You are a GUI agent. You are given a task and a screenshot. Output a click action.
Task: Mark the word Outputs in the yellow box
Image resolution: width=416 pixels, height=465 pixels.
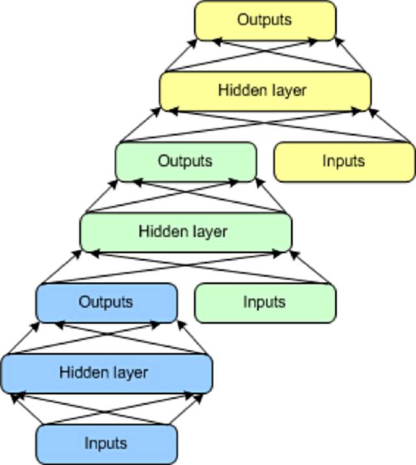pyautogui.click(x=265, y=20)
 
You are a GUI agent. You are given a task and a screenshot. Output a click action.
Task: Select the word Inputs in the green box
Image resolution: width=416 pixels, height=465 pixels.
pyautogui.click(x=265, y=302)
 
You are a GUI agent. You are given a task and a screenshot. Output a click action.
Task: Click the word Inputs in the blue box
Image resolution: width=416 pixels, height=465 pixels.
pyautogui.click(x=105, y=444)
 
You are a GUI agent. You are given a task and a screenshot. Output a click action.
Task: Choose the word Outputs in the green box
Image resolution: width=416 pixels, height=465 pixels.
pyautogui.click(x=185, y=161)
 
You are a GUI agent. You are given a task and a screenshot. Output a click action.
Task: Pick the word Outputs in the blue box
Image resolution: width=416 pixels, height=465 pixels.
pyautogui.click(x=105, y=302)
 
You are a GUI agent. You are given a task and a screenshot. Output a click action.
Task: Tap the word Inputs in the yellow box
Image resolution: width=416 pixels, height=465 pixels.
pyautogui.click(x=344, y=161)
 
